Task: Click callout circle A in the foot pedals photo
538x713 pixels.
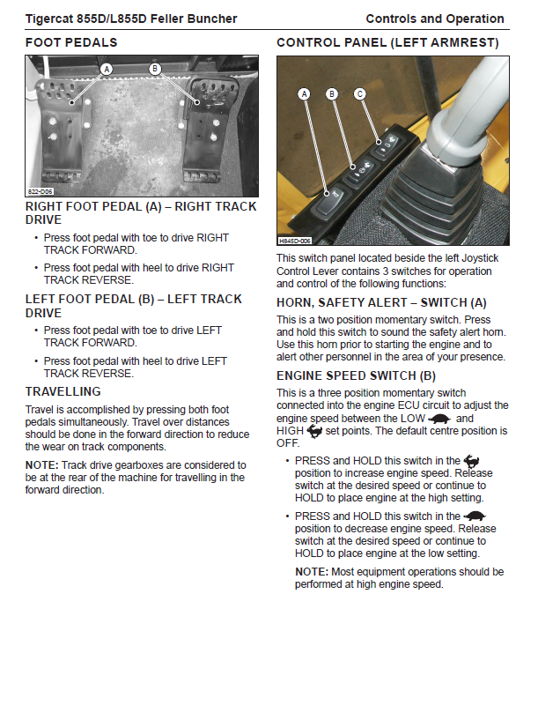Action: (x=107, y=69)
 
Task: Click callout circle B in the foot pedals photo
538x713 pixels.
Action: (x=155, y=69)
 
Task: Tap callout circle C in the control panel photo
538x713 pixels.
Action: (x=359, y=93)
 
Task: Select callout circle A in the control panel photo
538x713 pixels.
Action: (x=305, y=93)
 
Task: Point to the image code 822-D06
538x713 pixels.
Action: (x=40, y=191)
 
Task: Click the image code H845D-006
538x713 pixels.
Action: (x=295, y=240)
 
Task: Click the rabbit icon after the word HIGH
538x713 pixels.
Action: (x=314, y=431)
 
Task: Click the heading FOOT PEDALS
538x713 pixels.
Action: (x=70, y=42)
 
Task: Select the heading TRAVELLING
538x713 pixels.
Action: (x=63, y=391)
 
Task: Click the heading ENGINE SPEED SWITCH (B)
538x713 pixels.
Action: (x=357, y=375)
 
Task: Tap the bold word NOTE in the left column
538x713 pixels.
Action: (x=41, y=464)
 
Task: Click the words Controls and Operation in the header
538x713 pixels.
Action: (x=434, y=19)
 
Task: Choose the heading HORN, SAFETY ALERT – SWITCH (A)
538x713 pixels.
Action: (x=381, y=301)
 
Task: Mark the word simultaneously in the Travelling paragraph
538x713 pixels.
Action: (x=206, y=421)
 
